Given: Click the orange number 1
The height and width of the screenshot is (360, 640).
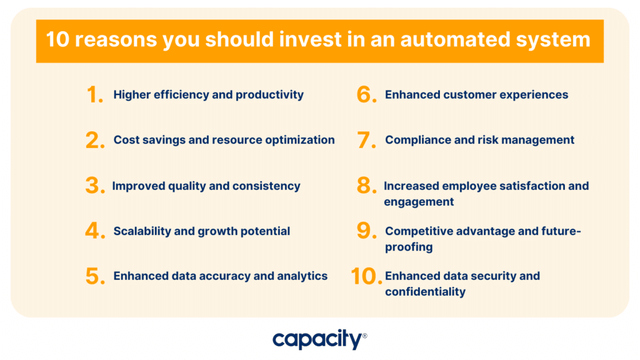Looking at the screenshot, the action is tap(94, 95).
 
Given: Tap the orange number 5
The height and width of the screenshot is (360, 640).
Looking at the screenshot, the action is tap(95, 276).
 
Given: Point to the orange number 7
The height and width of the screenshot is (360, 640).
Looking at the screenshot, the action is tap(366, 140).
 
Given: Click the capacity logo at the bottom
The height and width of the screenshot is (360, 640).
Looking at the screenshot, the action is tap(319, 339).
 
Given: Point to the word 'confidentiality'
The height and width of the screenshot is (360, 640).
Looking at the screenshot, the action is tap(425, 292).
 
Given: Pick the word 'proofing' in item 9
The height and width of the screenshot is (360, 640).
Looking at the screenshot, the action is tap(409, 247).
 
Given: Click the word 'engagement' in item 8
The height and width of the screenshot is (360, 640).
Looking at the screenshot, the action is tap(419, 202).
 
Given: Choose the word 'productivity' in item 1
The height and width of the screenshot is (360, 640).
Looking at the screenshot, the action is tap(269, 95).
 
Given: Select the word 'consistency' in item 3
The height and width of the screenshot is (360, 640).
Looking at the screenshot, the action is tap(266, 186).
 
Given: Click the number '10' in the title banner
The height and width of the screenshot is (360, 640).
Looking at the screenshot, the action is tap(57, 39).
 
